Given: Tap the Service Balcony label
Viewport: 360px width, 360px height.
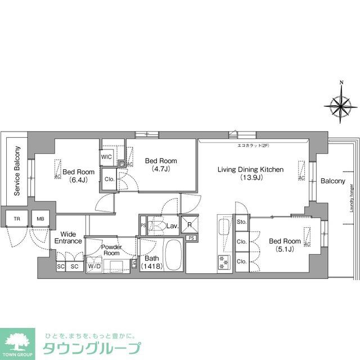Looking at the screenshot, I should tap(17, 172).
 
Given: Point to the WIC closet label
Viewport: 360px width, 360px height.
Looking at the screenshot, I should tap(107, 157).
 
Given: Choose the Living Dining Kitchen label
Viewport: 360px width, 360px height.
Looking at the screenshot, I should tap(251, 173).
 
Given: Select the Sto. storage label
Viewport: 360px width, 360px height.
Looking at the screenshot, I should tap(242, 223).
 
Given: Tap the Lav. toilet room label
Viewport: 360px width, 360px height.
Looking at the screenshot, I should tap(173, 226).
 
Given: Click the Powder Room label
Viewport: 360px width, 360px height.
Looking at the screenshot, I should tap(111, 250).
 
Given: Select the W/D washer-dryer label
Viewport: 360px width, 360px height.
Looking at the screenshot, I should tap(93, 266).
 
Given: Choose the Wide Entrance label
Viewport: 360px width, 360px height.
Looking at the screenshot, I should tap(68, 237).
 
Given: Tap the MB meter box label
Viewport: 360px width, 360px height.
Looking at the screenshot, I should tap(40, 219).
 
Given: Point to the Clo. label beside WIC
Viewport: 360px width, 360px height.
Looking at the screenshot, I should tap(110, 179).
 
